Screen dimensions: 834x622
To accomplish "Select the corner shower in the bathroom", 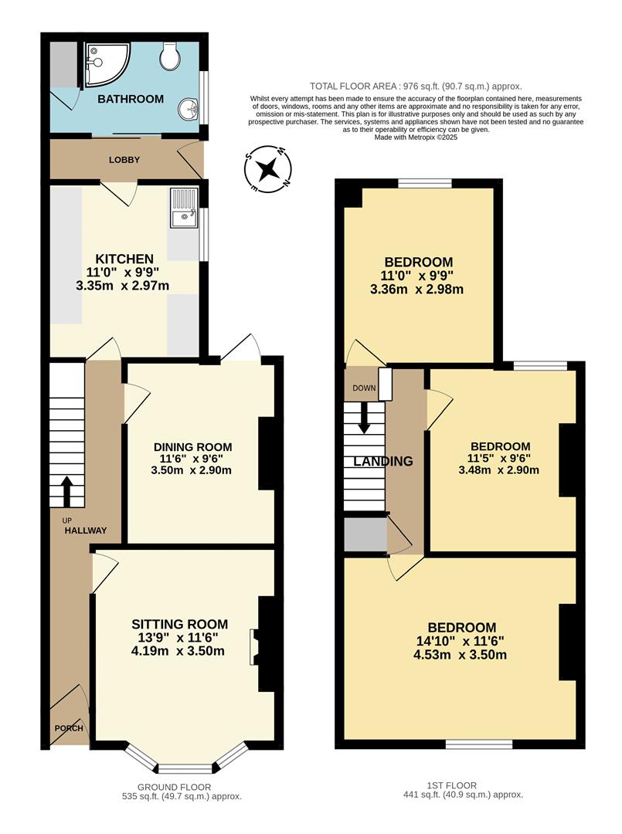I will [x=101, y=61].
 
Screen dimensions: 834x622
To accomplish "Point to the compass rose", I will [x=267, y=169].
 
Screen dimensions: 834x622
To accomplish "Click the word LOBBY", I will [x=124, y=160].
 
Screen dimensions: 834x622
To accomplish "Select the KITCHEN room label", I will [x=124, y=258].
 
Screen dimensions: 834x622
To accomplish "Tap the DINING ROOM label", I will [x=192, y=447].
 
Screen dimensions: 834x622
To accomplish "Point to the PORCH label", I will [x=68, y=728].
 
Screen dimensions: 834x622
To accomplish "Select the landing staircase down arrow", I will [x=365, y=420].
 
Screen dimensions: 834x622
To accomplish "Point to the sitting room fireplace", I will [x=253, y=646].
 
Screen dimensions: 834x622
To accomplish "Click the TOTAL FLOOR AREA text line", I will [x=416, y=86].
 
